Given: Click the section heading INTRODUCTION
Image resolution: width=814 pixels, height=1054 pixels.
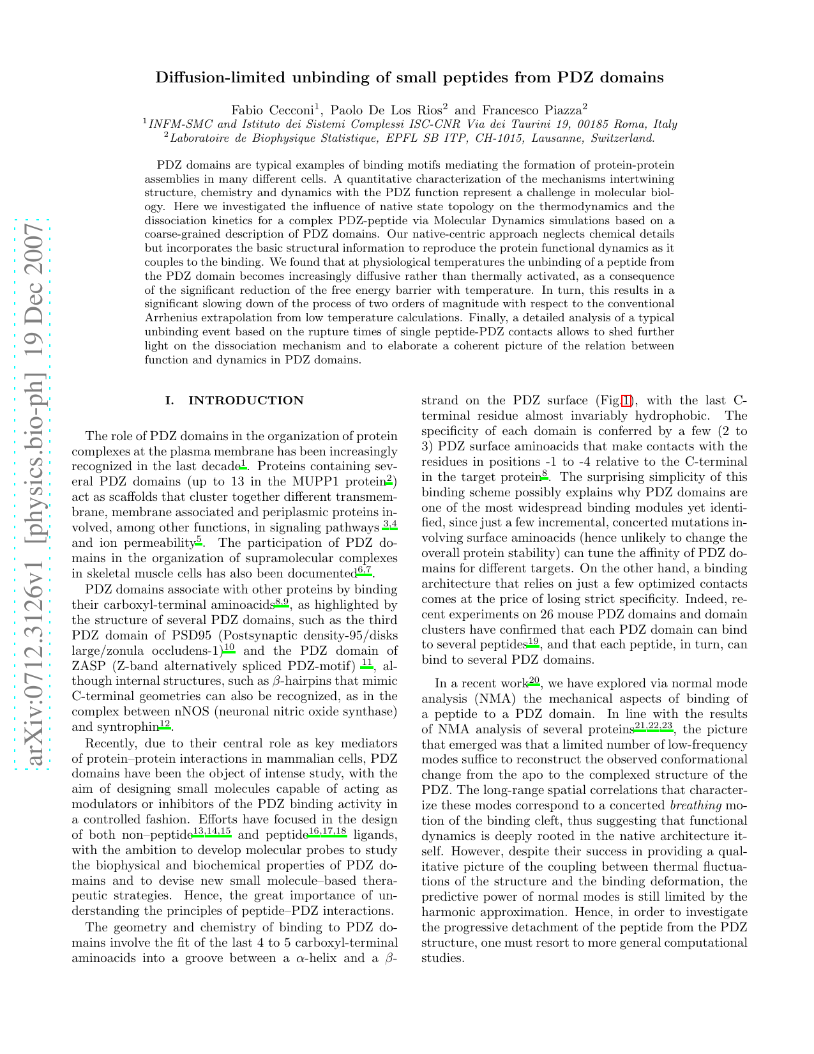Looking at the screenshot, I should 245,401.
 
